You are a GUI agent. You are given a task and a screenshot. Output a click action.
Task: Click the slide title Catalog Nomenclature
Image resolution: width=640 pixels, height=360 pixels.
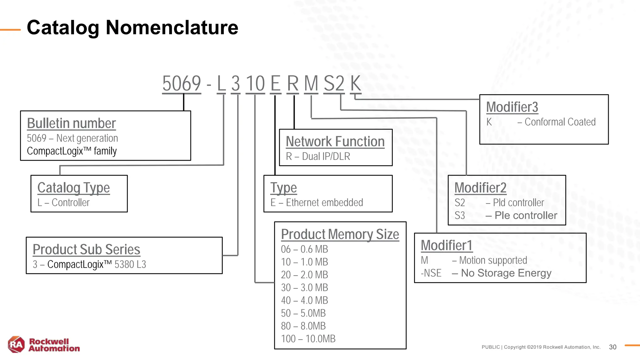pyautogui.click(x=132, y=27)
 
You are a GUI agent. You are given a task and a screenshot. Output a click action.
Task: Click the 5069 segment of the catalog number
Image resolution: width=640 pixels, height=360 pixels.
pyautogui.click(x=182, y=83)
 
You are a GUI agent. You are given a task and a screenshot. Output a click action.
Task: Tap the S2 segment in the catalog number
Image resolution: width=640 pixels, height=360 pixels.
pyautogui.click(x=334, y=83)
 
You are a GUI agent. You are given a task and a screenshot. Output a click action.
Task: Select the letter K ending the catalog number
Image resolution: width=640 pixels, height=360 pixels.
pyautogui.click(x=356, y=83)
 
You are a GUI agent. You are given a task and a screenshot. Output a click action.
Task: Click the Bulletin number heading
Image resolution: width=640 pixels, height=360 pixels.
pyautogui.click(x=71, y=123)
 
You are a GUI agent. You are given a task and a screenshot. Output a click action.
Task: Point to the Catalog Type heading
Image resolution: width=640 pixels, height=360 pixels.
pyautogui.click(x=73, y=188)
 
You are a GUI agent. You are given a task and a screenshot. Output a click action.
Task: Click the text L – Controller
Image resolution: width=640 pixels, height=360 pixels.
pyautogui.click(x=63, y=202)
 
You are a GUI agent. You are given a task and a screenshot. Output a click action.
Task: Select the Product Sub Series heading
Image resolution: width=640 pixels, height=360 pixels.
pyautogui.click(x=86, y=249)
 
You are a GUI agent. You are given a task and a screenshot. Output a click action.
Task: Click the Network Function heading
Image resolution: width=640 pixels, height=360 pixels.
pyautogui.click(x=335, y=142)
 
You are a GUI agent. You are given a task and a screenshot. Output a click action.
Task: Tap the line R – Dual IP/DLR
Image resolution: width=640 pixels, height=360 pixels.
pyautogui.click(x=318, y=156)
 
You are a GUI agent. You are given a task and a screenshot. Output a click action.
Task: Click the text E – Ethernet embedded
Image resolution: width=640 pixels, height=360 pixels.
pyautogui.click(x=317, y=202)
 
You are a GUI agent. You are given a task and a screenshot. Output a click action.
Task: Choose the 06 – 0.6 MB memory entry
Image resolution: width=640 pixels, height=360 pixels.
pyautogui.click(x=304, y=249)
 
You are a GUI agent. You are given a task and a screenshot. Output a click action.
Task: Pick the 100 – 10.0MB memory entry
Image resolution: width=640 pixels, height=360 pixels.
pyautogui.click(x=308, y=339)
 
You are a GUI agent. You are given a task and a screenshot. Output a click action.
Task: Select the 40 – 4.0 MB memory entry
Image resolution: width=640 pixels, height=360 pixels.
pyautogui.click(x=304, y=300)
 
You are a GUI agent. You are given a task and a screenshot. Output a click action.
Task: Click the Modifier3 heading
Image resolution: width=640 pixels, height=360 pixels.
pyautogui.click(x=512, y=107)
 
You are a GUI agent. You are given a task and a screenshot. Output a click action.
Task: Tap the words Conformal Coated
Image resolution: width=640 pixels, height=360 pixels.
pyautogui.click(x=560, y=122)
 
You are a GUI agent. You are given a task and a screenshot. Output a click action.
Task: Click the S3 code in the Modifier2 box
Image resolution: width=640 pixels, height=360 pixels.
pyautogui.click(x=460, y=216)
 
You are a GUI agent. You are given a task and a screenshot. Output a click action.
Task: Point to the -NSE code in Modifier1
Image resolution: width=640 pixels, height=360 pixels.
pyautogui.click(x=431, y=273)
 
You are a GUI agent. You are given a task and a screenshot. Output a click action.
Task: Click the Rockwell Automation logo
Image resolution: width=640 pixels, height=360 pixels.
pyautogui.click(x=44, y=345)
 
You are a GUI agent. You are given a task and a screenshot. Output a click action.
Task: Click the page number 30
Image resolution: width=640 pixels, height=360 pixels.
pyautogui.click(x=612, y=347)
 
